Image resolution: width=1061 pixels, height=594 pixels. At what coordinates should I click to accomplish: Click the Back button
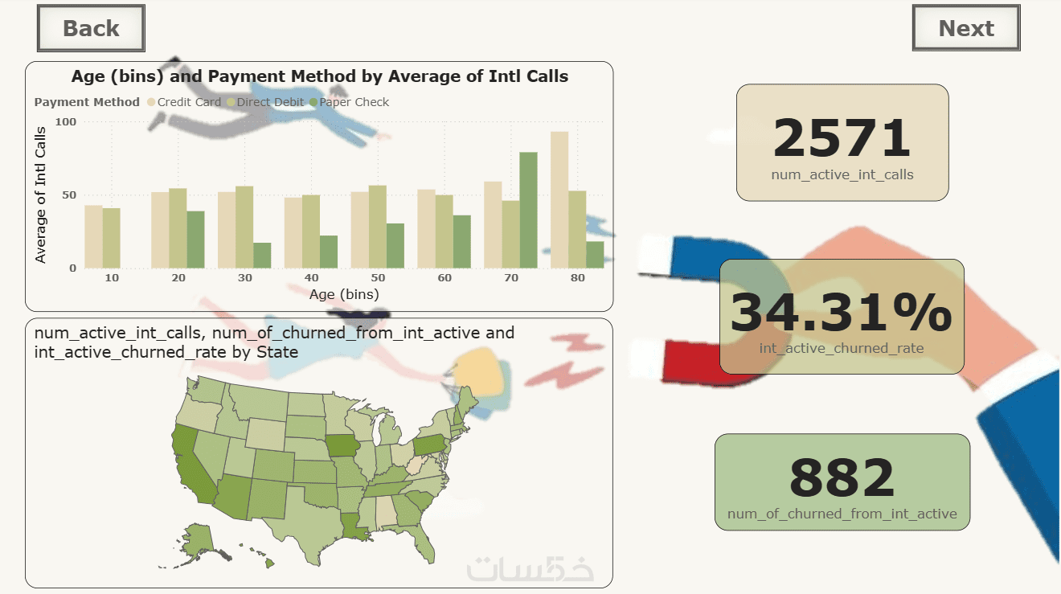click(91, 29)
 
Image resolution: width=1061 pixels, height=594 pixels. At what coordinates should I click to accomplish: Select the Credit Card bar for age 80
click(559, 200)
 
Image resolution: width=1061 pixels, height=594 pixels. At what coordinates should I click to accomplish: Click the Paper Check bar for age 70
click(528, 211)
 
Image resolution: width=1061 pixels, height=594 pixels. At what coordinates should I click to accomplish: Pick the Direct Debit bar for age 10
click(112, 238)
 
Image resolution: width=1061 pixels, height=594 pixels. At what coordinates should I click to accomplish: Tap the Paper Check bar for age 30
click(262, 256)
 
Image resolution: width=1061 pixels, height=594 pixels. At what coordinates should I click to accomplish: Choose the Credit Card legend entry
click(188, 102)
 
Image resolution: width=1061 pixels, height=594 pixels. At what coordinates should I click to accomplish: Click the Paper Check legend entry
click(353, 102)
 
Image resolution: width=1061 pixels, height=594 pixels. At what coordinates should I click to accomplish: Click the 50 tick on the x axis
click(378, 278)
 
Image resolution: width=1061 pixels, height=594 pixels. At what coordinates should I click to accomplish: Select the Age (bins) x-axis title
click(344, 294)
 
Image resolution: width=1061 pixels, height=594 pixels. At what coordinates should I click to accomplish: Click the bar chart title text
click(320, 77)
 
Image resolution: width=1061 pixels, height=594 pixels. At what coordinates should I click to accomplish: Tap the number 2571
click(842, 138)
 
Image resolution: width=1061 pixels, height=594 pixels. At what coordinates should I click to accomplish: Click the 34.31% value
click(841, 313)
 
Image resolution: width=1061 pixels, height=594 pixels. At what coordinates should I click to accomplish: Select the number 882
click(842, 477)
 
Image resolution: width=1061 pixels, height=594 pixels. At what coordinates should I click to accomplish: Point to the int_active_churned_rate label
click(842, 349)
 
